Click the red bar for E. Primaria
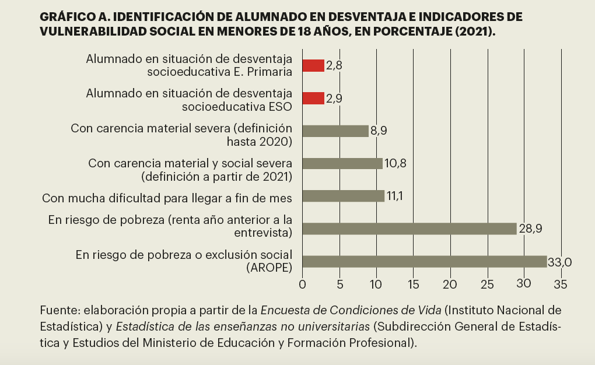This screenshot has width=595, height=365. (x=313, y=65)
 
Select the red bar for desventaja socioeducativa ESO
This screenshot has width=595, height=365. (x=313, y=98)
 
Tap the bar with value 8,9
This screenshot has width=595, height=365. (x=335, y=131)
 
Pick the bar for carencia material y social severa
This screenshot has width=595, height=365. (x=342, y=163)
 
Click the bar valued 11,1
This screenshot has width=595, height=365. (x=344, y=196)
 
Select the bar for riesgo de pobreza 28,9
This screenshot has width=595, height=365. (x=409, y=229)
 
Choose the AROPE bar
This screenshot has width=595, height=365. (x=425, y=261)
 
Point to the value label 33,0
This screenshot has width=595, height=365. (x=559, y=262)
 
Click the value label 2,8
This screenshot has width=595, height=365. (x=334, y=66)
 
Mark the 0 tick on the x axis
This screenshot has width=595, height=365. (x=302, y=285)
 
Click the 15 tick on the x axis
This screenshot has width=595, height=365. (x=413, y=285)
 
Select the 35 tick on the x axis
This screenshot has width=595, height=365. (x=561, y=285)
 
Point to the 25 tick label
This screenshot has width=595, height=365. (x=487, y=285)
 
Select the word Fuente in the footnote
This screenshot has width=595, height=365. (x=58, y=310)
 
